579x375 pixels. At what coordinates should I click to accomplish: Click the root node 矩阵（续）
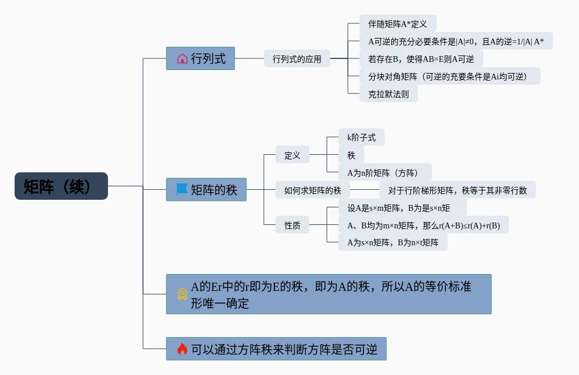(x=61, y=186)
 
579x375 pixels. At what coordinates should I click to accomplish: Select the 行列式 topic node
(x=200, y=58)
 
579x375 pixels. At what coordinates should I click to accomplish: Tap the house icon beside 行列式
(x=182, y=58)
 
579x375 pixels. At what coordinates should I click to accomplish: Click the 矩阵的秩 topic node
(x=206, y=189)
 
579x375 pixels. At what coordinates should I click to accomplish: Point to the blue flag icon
(x=182, y=189)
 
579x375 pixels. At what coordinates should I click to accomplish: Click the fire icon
(x=182, y=349)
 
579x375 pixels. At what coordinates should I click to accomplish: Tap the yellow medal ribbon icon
(x=182, y=294)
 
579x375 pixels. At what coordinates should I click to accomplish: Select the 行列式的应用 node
(x=297, y=59)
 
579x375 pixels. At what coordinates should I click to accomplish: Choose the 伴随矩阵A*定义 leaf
(x=397, y=24)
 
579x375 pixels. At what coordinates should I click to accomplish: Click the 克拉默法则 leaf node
(x=388, y=93)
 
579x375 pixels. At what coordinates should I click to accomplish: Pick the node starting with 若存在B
(x=421, y=59)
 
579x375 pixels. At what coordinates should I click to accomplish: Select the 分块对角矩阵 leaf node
(x=449, y=76)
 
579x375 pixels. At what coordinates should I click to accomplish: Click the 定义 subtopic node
(x=292, y=155)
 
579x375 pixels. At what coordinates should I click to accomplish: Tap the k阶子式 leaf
(x=361, y=138)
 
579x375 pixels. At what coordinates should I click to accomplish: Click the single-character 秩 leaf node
(x=351, y=155)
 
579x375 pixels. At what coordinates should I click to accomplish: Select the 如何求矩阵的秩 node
(x=312, y=190)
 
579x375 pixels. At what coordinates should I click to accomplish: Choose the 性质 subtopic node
(x=292, y=225)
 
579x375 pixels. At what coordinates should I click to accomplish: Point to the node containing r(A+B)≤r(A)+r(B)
(x=423, y=225)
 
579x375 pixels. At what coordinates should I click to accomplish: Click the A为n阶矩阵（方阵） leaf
(x=385, y=172)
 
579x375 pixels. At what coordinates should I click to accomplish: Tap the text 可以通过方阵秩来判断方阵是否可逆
(x=284, y=349)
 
